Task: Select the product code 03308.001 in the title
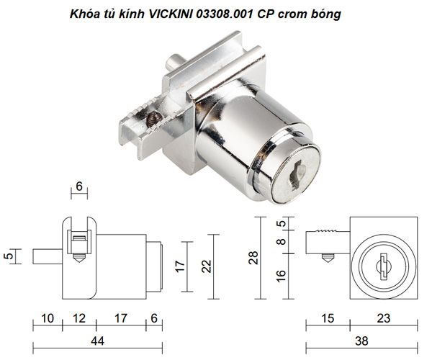pyautogui.click(x=225, y=14)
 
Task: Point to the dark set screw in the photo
pyautogui.click(x=153, y=120)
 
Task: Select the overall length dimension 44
pyautogui.click(x=97, y=341)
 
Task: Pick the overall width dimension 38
pyautogui.click(x=361, y=341)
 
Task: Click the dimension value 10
pyautogui.click(x=48, y=318)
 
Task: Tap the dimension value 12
pyautogui.click(x=79, y=318)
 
